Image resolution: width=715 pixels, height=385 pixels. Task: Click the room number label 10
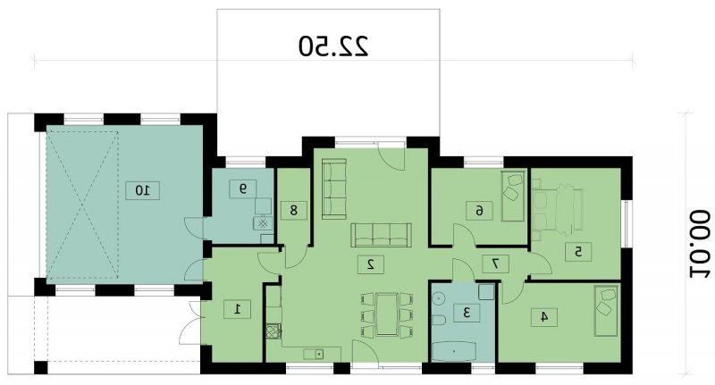coord(142,190)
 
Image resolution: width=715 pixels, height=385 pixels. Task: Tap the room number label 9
coord(242,188)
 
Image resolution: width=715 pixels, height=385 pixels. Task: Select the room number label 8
coord(293,210)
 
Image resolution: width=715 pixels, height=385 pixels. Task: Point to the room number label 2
coord(370,264)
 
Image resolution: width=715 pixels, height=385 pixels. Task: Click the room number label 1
coord(237,309)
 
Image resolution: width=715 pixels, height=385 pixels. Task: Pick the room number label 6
coord(479,211)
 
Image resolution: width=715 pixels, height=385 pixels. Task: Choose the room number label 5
coord(578,252)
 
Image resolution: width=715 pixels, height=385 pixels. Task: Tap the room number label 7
coord(495,264)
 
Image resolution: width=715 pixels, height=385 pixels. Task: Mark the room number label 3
coord(467,313)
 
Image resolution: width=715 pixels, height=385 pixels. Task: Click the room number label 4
coord(544,316)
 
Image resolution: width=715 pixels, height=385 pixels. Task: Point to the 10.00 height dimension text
coord(699,244)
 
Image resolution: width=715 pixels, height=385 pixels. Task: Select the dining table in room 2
coord(387,315)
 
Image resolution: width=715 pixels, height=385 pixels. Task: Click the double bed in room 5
coord(557,210)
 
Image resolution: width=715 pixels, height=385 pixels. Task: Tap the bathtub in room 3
coord(454,351)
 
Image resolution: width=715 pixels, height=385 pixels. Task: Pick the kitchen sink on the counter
coord(314,353)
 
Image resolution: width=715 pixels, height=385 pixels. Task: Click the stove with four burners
coord(273,331)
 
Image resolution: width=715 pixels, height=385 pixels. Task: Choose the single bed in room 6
coord(513,196)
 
